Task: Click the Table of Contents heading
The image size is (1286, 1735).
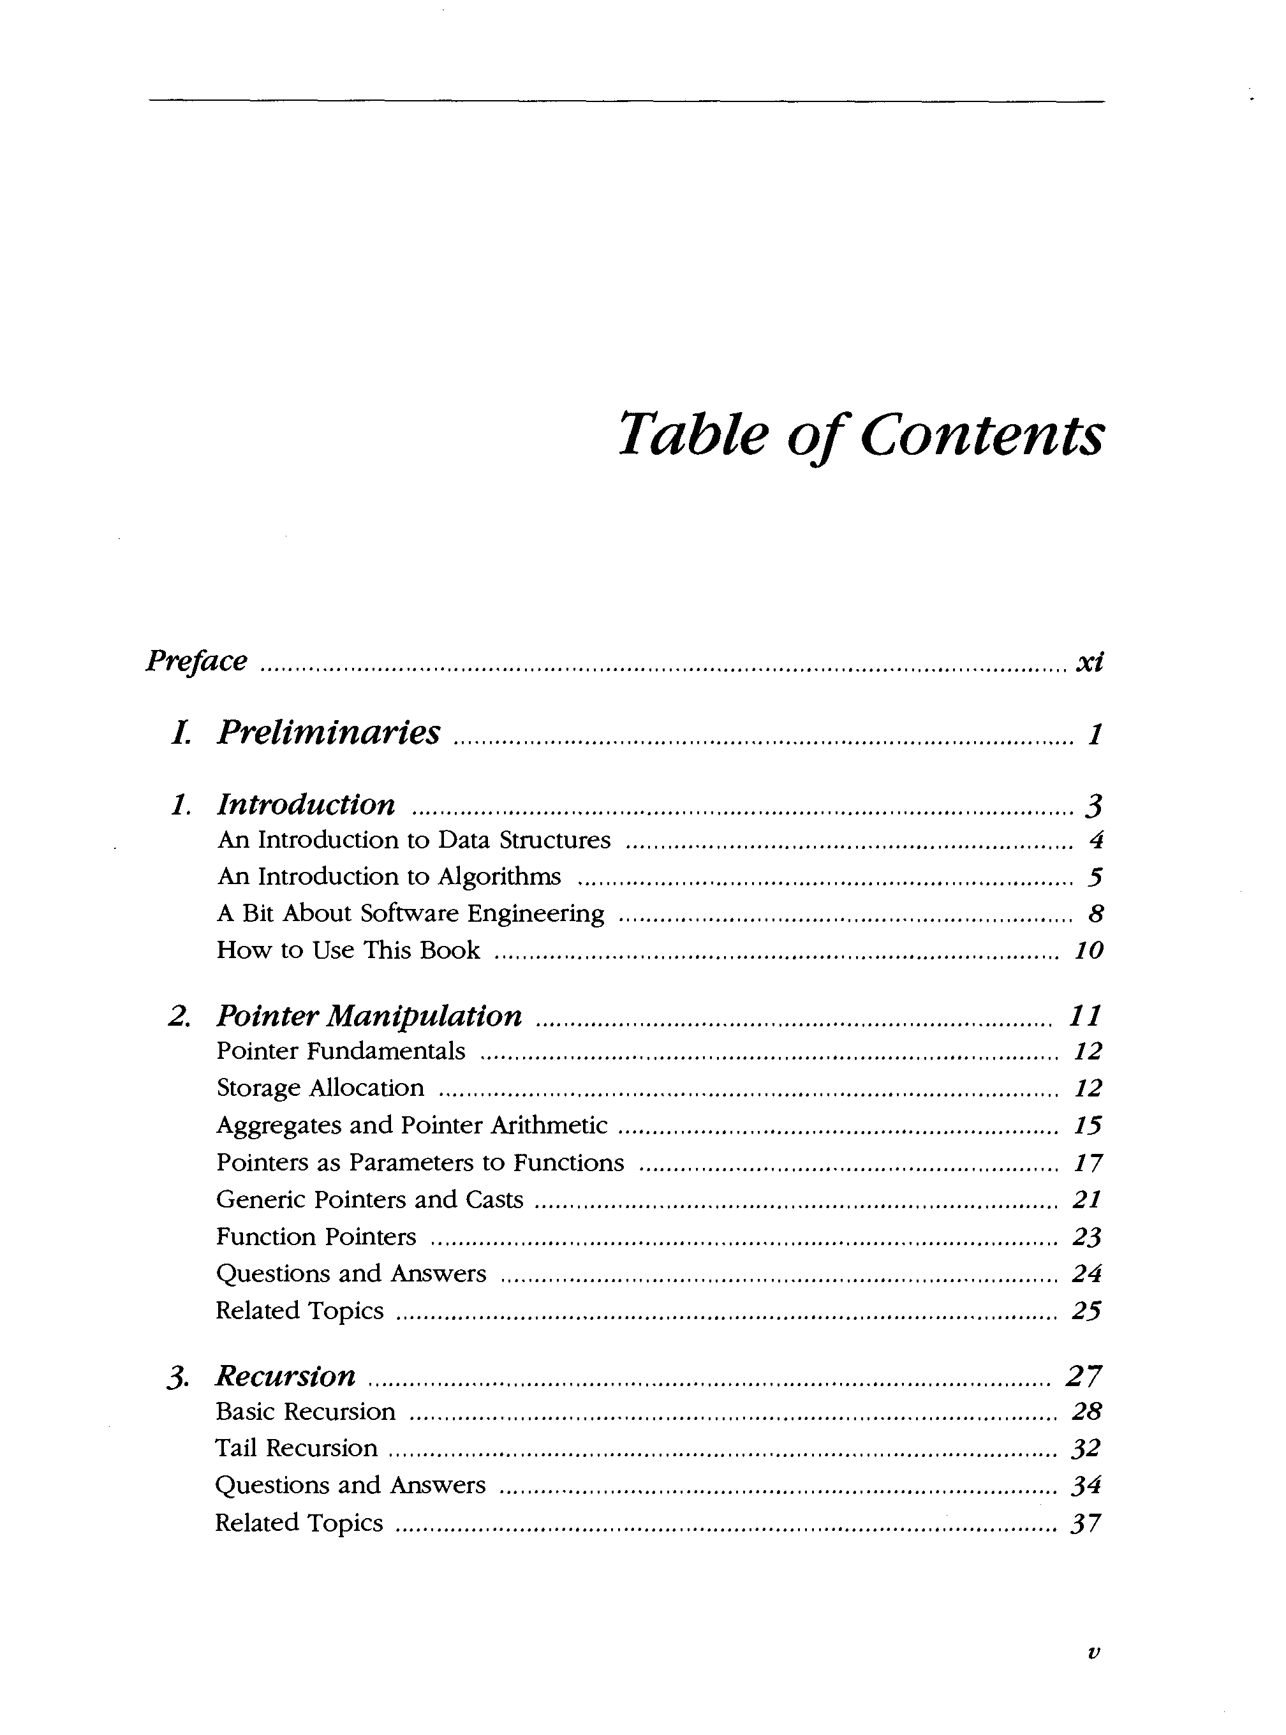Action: pos(860,434)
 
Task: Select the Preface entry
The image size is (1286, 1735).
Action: pos(196,661)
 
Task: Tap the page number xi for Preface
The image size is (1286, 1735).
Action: pos(1089,661)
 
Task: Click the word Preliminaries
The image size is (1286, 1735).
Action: pos(328,732)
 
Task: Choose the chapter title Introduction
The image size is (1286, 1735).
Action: pos(306,804)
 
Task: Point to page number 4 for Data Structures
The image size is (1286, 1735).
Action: pos(1096,840)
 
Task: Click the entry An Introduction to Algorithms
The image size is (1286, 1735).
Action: pos(388,876)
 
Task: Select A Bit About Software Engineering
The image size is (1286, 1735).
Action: pos(410,913)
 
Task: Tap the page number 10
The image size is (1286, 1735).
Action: pos(1088,950)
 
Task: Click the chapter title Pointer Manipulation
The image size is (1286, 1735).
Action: pos(369,1015)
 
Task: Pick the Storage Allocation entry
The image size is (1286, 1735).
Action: pos(320,1088)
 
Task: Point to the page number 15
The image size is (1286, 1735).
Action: pos(1088,1126)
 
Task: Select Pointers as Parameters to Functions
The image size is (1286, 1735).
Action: pos(420,1162)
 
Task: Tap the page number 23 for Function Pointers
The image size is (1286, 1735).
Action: pos(1087,1237)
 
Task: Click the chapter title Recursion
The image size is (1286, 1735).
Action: pos(285,1376)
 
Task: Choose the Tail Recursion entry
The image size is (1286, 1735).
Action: pos(296,1448)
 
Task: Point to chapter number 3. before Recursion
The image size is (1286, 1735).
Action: pos(178,1378)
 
